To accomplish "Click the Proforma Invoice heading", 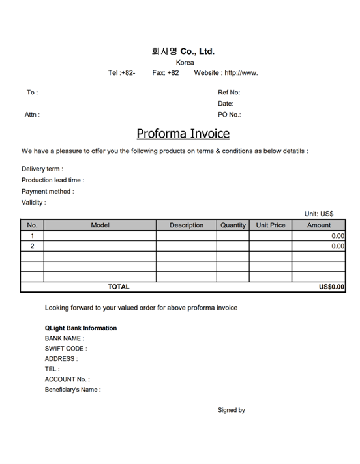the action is (x=183, y=134).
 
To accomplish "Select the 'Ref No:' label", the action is (x=229, y=93).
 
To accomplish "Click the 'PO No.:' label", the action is (x=230, y=115).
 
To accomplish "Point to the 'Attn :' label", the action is (x=32, y=115).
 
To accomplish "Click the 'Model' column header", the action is (x=100, y=225).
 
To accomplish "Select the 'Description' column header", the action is (x=187, y=225).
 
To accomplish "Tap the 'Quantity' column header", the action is (x=233, y=225).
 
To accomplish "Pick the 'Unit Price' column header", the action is (x=271, y=225).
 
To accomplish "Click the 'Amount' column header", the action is (x=319, y=225).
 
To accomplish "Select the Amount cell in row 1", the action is (x=319, y=236).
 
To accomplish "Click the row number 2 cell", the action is (x=32, y=246).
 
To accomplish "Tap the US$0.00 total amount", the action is (x=332, y=287).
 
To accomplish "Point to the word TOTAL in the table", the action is (x=119, y=287).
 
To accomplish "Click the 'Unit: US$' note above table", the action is (x=319, y=214).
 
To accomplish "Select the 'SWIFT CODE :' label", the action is (x=65, y=349).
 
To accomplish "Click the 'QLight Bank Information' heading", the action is (x=81, y=328).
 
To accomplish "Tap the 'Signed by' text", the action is (x=232, y=410).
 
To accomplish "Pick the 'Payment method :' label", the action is (x=48, y=192).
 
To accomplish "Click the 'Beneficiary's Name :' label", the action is (x=72, y=390).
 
